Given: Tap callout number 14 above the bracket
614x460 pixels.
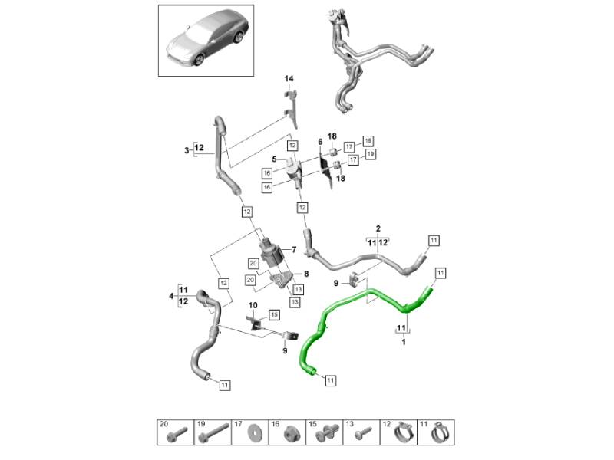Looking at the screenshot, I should pos(289,79).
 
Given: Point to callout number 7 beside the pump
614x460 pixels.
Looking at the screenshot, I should pos(292,250).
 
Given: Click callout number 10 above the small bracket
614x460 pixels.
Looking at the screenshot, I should pos(253,305).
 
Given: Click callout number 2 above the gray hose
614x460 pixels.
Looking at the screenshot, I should pos(378,228).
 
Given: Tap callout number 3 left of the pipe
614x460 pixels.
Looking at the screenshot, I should pos(187,151).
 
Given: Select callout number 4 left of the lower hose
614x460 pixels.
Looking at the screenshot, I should pos(170,295).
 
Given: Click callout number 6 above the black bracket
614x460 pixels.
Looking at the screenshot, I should pos(321,142).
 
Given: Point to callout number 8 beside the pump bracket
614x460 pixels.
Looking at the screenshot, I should pos(305,274).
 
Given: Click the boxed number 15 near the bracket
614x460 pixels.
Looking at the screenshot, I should pos(274,314).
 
